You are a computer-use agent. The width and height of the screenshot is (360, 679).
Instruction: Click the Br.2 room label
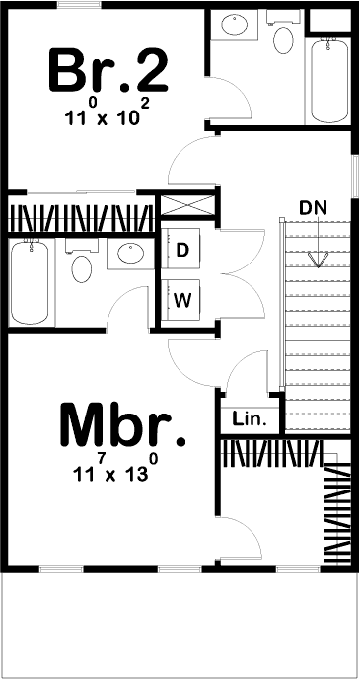click(108, 69)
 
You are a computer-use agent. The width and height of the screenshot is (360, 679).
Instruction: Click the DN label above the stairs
click(315, 209)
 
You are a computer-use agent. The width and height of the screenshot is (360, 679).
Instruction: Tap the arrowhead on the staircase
click(317, 260)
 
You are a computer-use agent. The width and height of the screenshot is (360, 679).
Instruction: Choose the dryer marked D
click(182, 251)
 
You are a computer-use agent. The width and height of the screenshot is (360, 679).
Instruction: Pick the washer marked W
click(182, 298)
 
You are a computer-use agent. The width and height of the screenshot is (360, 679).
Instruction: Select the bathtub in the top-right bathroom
click(328, 80)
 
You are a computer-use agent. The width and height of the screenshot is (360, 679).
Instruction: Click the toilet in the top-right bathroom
click(283, 40)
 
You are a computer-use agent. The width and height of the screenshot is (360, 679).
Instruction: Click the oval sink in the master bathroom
click(129, 256)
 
